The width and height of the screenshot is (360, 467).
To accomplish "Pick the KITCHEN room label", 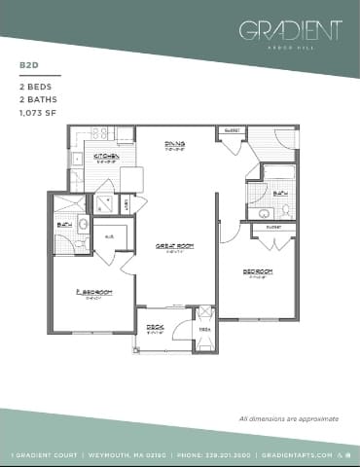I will pos(106,156).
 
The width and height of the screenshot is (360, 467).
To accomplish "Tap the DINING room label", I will pos(175,145).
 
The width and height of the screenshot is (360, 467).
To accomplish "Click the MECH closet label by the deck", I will pos(203,329).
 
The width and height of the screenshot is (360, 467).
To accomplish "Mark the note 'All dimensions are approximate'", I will pos(288,418).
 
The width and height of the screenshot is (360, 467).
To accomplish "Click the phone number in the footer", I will pos(200,454).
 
